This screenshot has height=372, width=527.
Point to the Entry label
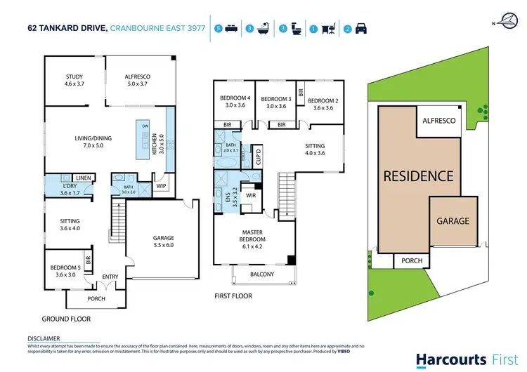click(111, 277)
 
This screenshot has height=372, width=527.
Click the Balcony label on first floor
click(261, 274)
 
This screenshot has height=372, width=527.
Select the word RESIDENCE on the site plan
click(418, 176)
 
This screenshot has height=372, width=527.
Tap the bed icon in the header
click(230, 29)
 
